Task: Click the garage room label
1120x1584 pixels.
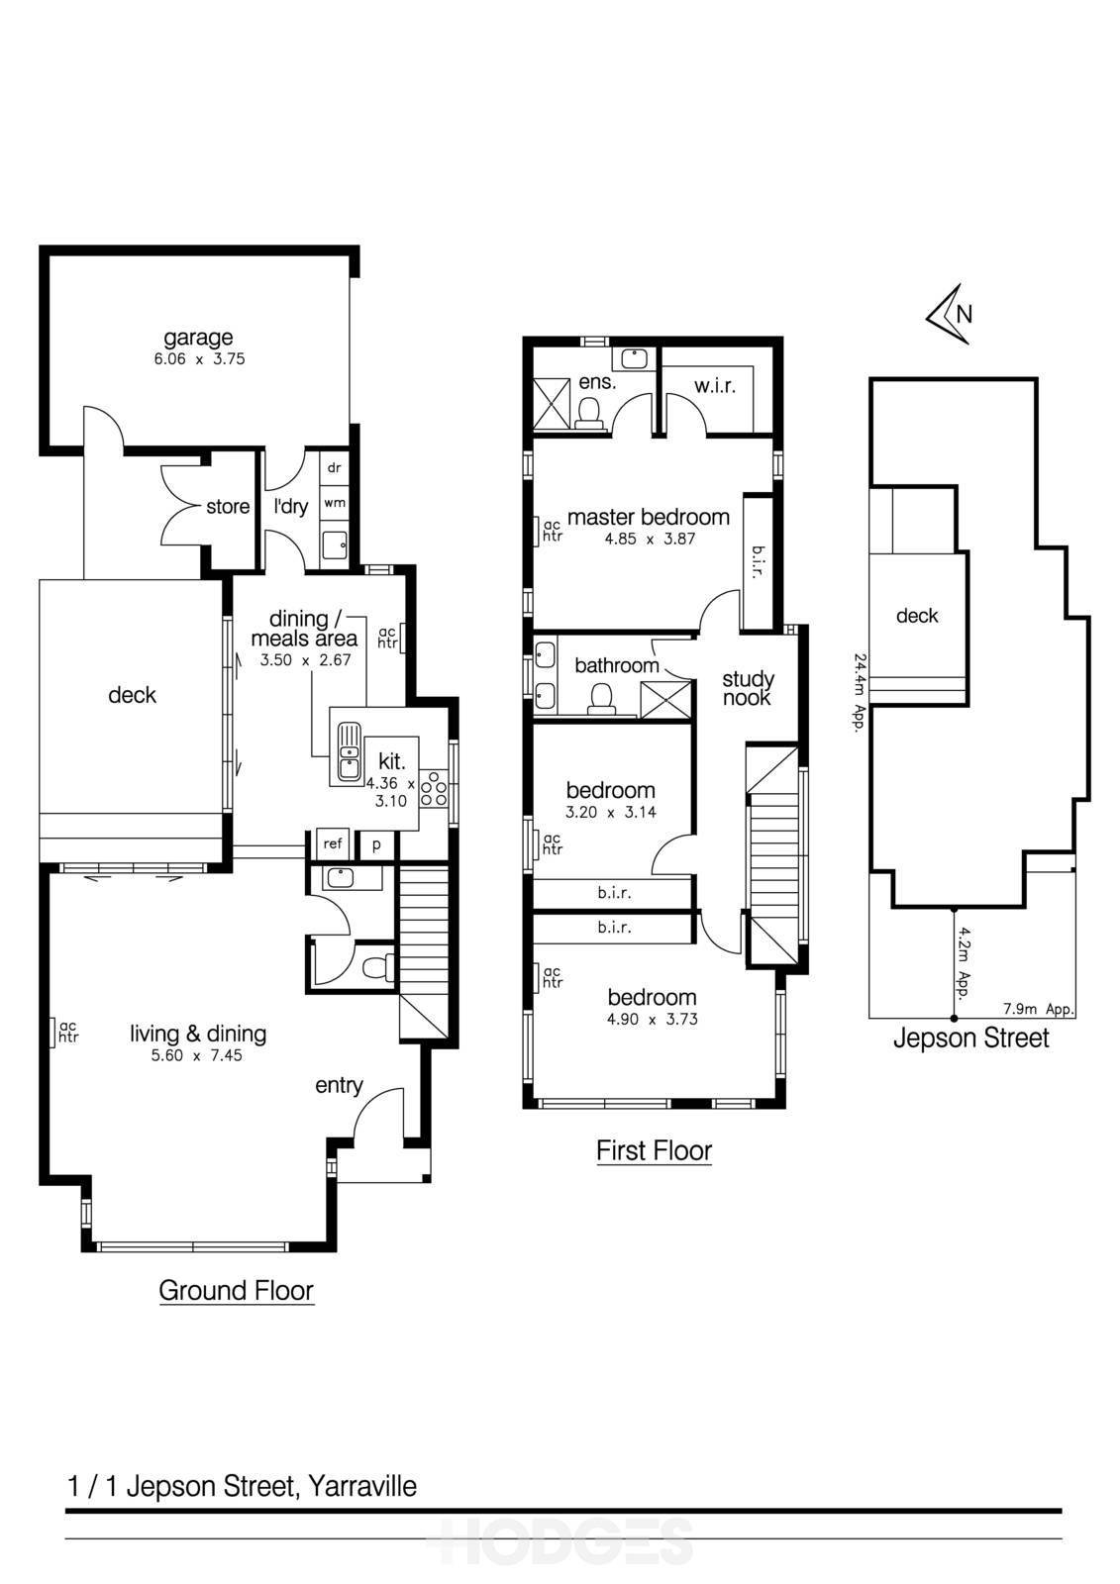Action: point(198,338)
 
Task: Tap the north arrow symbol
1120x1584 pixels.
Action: point(951,313)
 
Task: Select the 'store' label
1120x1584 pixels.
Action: point(228,506)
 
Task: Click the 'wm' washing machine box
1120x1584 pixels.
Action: point(335,503)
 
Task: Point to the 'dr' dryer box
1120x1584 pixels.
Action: point(335,467)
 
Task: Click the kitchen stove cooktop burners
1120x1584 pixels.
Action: point(434,788)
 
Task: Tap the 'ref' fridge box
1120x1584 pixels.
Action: point(333,842)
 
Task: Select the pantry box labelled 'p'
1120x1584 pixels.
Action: point(376,844)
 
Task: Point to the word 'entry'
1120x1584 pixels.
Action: point(339,1085)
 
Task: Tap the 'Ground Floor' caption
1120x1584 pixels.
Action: point(237,1291)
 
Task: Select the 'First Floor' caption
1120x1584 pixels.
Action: point(654,1150)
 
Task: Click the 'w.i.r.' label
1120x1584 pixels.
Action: point(715,386)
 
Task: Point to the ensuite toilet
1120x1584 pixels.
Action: point(588,413)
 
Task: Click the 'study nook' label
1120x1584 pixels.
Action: point(748,689)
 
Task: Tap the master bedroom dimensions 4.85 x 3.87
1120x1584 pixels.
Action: point(650,539)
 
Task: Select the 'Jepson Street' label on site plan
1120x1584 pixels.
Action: point(970,1039)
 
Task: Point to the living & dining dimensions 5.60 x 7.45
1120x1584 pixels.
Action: point(197,1055)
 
